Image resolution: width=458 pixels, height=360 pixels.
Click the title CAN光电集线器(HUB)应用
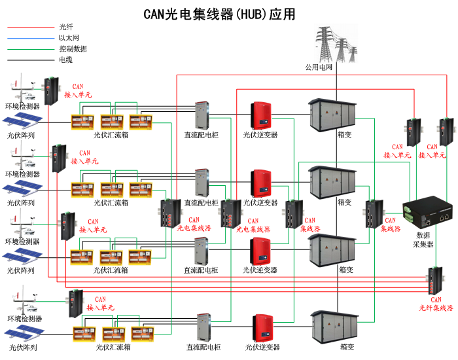pyautogui.click(x=219, y=14)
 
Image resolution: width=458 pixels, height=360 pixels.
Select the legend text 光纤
pyautogui.click(x=66, y=27)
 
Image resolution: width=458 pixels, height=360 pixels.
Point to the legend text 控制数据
pyautogui.click(x=73, y=48)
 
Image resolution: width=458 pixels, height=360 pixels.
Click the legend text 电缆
pyautogui.click(x=66, y=60)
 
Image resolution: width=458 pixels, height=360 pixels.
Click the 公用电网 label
pyautogui.click(x=319, y=67)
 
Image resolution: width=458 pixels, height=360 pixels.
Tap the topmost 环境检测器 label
pyautogui.click(x=23, y=106)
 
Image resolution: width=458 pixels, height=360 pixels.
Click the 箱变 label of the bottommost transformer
pyautogui.click(x=347, y=346)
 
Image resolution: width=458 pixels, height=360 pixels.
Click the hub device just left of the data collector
pyautogui.click(x=374, y=211)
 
